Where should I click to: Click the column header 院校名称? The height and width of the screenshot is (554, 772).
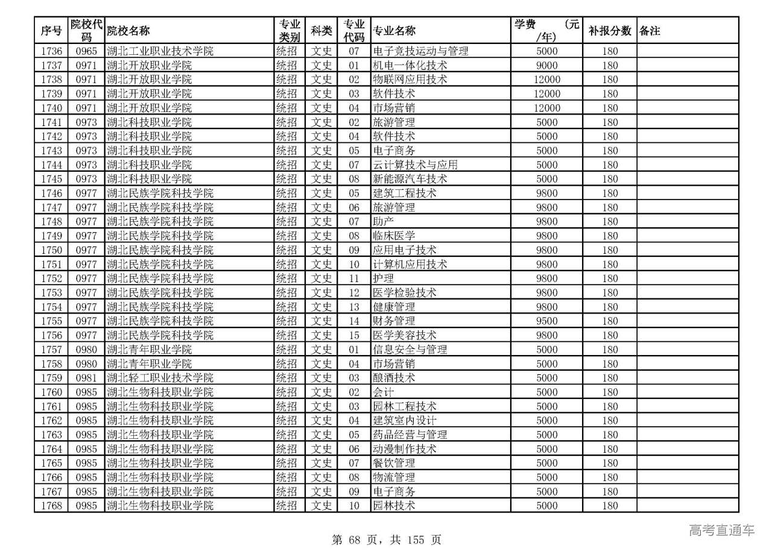pyautogui.click(x=128, y=31)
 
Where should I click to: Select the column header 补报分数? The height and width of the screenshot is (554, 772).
pyautogui.click(x=609, y=31)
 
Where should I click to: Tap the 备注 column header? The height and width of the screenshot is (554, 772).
pyautogui.click(x=650, y=31)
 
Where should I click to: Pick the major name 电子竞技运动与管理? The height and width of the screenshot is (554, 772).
pyautogui.click(x=420, y=51)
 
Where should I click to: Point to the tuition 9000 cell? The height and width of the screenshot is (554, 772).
pyautogui.click(x=546, y=65)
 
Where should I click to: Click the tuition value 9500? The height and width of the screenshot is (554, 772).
pyautogui.click(x=546, y=321)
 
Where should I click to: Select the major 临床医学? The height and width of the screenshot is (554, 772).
pyautogui.click(x=394, y=236)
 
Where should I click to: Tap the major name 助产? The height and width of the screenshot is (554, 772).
pyautogui.click(x=384, y=222)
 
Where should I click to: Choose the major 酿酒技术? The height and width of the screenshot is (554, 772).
pyautogui.click(x=394, y=378)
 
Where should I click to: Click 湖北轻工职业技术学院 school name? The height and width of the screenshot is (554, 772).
pyautogui.click(x=160, y=378)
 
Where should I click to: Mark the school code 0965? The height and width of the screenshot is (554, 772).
pyautogui.click(x=86, y=51)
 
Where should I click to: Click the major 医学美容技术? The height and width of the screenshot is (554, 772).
pyautogui.click(x=405, y=335)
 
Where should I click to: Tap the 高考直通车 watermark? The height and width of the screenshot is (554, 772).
pyautogui.click(x=721, y=530)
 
